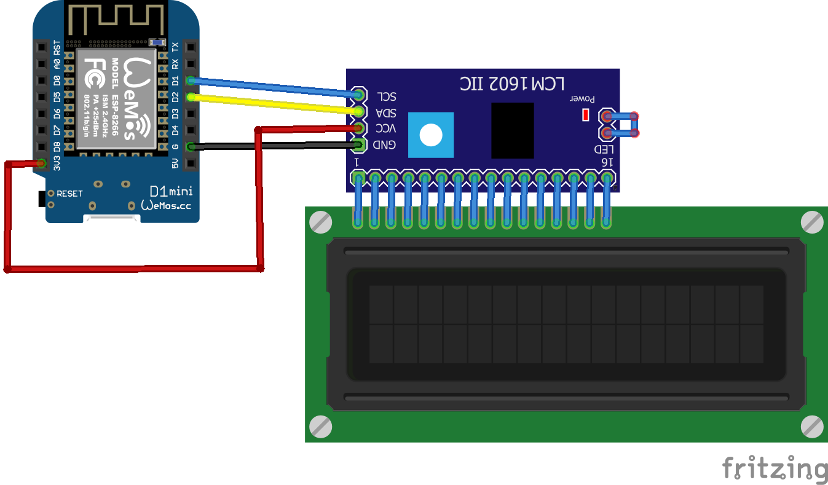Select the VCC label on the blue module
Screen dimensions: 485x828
click(x=386, y=129)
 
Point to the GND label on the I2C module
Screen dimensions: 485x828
click(x=385, y=145)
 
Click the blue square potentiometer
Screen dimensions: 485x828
click(x=430, y=135)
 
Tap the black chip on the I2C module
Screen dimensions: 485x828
click(x=513, y=130)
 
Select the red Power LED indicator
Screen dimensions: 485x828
click(x=585, y=115)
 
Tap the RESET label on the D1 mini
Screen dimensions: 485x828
click(x=69, y=194)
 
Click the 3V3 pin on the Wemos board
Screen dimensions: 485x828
click(x=42, y=164)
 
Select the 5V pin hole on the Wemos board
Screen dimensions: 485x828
click(x=191, y=164)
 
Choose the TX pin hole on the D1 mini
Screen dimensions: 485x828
click(x=191, y=47)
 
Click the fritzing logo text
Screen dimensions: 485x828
click(x=775, y=468)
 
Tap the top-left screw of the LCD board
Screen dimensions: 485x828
click(x=320, y=222)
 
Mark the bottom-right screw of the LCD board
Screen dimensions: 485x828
click(x=812, y=426)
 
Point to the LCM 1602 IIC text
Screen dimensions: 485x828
click(x=513, y=84)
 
